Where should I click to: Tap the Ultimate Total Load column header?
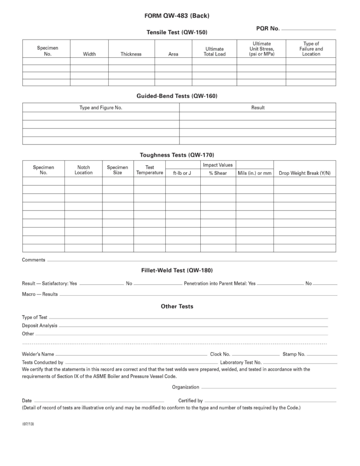pos(214,51)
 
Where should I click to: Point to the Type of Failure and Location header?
pos(311,49)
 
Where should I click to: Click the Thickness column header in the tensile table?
pos(131,54)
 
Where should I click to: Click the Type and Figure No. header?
pos(101,108)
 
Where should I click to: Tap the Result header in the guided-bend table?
pos(258,108)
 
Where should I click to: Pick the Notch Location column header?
pos(83,170)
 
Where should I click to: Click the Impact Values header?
pos(218,165)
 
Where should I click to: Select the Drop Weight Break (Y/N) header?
pos(304,173)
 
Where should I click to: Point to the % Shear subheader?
pos(218,173)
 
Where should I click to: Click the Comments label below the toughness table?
pos(34,260)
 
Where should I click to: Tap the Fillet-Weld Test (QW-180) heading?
pos(177,270)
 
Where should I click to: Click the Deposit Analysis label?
pos(40,325)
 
